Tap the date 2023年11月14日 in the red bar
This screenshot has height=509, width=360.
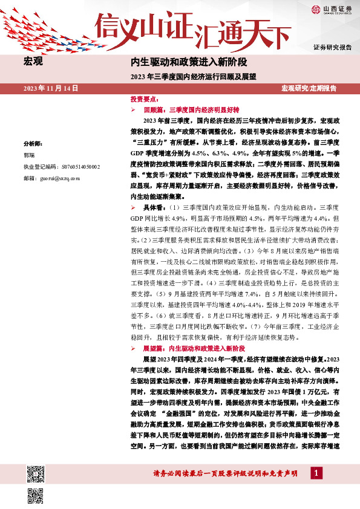coord(51,88)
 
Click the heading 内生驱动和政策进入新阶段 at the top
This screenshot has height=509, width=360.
coord(189,62)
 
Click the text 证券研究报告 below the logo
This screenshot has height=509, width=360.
coord(332,47)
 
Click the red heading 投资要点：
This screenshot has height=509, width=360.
coord(145,98)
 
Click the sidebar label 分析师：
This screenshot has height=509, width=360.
coord(33,144)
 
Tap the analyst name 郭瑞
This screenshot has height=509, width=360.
coord(29,155)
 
